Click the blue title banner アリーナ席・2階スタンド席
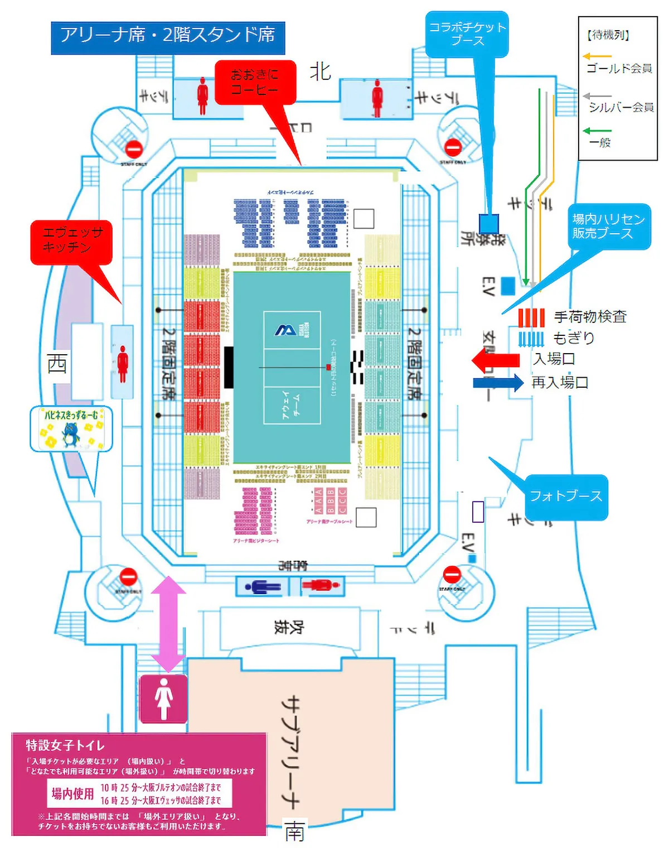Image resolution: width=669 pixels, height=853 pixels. pos(168,37)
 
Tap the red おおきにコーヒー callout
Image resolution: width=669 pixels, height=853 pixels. pos(255,82)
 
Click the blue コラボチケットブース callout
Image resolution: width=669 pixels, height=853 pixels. pos(467,34)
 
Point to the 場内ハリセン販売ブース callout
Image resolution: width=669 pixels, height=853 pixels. pos(608,226)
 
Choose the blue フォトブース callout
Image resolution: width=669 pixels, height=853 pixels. pos(565,496)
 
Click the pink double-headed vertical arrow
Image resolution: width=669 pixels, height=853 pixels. pos(169,624)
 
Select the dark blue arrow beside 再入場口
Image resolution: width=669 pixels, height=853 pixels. pos(498,383)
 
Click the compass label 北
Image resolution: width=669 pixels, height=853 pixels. pos(320,71)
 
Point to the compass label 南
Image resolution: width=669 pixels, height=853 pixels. pos(294,832)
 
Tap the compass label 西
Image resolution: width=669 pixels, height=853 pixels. pos(57,364)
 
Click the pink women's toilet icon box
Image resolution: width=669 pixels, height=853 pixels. pos(163,698)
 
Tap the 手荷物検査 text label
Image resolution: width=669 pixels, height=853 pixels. pos(590,317)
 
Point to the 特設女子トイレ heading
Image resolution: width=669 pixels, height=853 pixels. pos(65,745)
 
